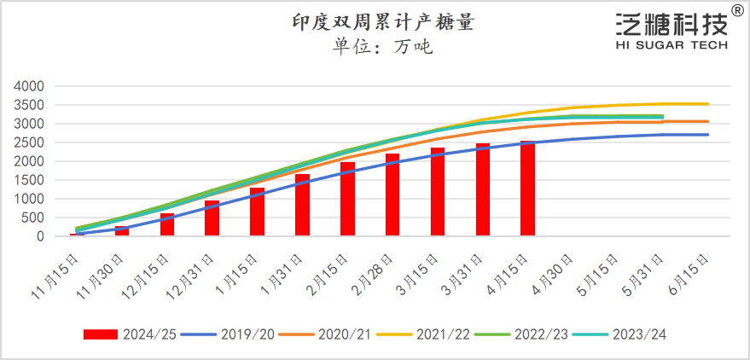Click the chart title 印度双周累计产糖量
coord(383,22)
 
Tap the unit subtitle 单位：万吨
coord(383,47)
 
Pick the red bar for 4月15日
coord(527,189)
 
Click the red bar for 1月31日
coord(302,205)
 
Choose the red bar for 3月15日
coord(438,192)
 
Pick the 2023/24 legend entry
coord(627,334)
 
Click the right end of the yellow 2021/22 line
coord(707,104)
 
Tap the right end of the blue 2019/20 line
coord(707,135)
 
